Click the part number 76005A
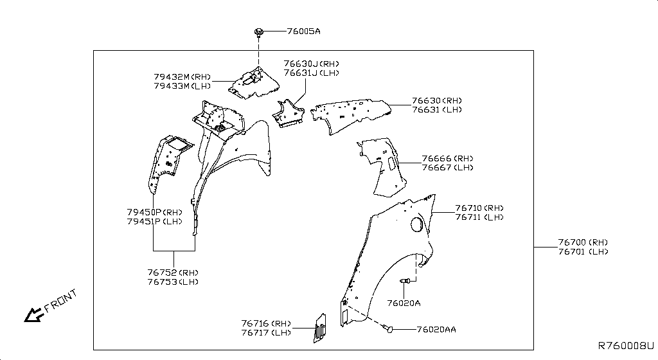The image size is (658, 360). click(x=303, y=31)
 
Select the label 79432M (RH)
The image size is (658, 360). click(x=182, y=76)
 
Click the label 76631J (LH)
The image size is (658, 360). click(x=311, y=73)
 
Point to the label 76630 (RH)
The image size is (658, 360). click(x=437, y=101)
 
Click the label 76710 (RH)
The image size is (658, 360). click(x=479, y=208)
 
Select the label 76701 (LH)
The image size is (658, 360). click(x=583, y=251)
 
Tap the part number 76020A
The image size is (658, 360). click(x=404, y=303)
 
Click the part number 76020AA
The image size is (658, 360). click(x=436, y=329)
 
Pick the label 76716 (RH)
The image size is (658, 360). click(x=266, y=323)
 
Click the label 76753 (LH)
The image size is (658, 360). click(x=173, y=282)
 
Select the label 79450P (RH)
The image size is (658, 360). click(x=155, y=212)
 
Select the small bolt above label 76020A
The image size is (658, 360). click(x=405, y=281)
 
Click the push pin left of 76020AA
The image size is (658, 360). click(x=387, y=329)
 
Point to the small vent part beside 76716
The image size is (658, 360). click(x=319, y=328)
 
